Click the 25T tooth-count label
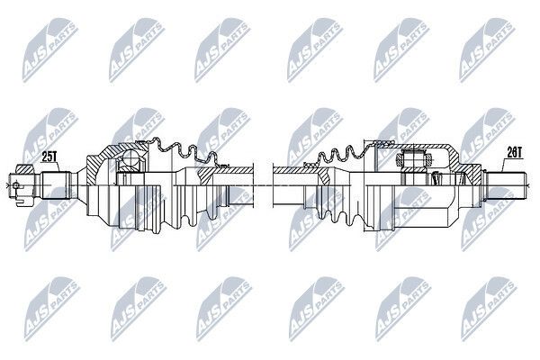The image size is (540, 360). pyautogui.click(x=49, y=157)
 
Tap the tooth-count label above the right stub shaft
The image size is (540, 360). pyautogui.click(x=515, y=152)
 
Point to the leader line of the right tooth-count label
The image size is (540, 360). pyautogui.click(x=505, y=165)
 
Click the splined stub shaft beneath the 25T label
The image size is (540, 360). pyautogui.click(x=57, y=185)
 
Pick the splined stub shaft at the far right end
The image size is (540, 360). pyautogui.click(x=506, y=185)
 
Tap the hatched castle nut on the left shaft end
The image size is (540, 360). pyautogui.click(x=25, y=169)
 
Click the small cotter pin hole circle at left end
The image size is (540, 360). pyautogui.click(x=15, y=185)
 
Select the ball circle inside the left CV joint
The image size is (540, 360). pyautogui.click(x=131, y=158)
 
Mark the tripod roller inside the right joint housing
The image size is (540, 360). pyautogui.click(x=413, y=158)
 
